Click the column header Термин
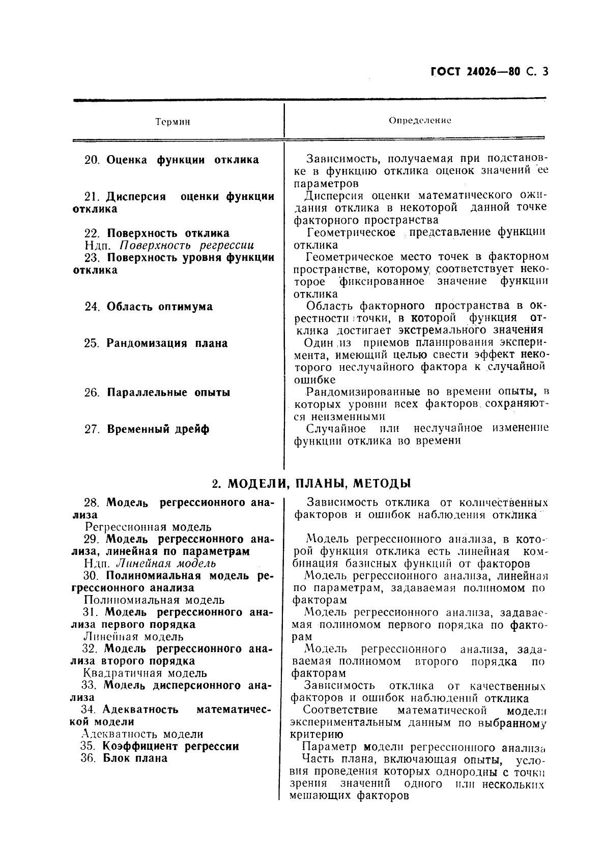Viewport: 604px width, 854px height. tap(172, 122)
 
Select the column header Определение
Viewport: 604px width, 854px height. tap(420, 121)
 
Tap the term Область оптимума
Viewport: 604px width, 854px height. tap(159, 307)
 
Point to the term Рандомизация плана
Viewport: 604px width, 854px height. tap(166, 343)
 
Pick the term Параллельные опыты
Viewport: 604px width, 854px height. tap(168, 392)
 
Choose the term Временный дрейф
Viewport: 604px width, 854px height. tap(158, 429)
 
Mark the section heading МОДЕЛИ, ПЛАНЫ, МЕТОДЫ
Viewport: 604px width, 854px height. tap(319, 482)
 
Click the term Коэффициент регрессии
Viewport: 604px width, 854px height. tap(170, 746)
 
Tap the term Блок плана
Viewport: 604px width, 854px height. tap(135, 758)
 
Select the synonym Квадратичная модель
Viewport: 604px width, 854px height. tap(145, 673)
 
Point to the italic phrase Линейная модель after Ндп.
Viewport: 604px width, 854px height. tap(166, 563)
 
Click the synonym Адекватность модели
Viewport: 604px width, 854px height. tap(142, 734)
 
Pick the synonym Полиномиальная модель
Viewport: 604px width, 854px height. tap(154, 600)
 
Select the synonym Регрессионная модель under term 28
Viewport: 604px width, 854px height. tap(148, 527)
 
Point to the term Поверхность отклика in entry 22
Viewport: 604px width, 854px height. tap(168, 233)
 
